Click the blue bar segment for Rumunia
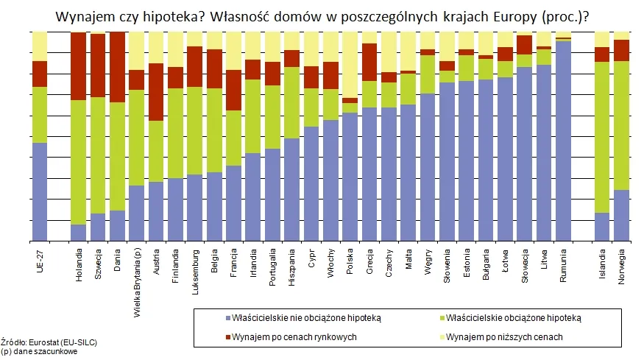(x=564, y=140)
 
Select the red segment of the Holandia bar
(x=79, y=66)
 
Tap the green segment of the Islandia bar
(x=602, y=137)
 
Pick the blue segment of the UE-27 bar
(x=40, y=191)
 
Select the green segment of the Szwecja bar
(x=98, y=155)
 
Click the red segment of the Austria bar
(x=155, y=92)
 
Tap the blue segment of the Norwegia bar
(x=622, y=215)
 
